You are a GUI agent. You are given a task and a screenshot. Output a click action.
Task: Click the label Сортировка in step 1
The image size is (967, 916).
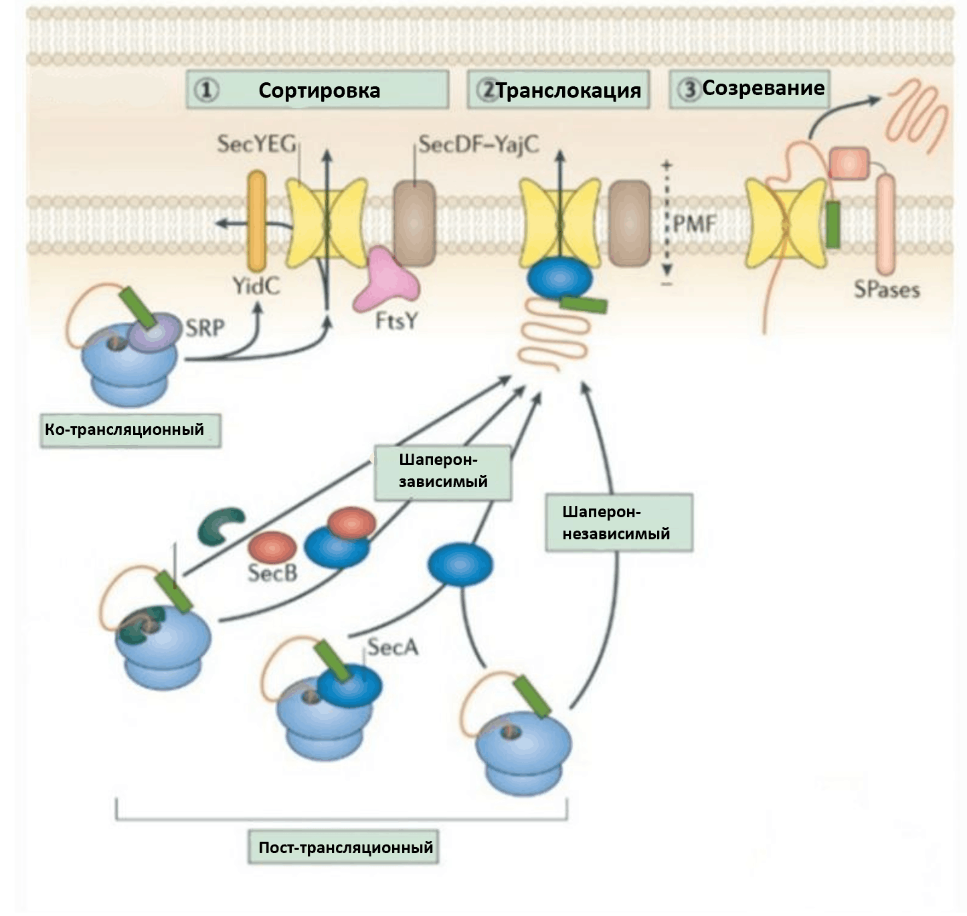pos(319,90)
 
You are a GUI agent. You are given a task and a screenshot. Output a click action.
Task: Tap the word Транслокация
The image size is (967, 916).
pos(568,90)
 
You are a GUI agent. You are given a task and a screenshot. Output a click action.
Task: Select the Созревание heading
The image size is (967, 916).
pos(763,88)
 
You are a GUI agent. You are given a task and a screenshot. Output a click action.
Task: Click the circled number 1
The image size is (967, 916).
pos(206,90)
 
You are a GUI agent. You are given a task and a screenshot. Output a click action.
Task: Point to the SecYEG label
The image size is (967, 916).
pos(256,144)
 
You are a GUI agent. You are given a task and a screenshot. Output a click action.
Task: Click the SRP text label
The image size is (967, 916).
pos(205,328)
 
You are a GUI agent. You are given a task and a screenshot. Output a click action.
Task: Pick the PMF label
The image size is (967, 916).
pos(695,223)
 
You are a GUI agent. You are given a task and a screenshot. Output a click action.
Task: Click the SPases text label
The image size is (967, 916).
pos(887,290)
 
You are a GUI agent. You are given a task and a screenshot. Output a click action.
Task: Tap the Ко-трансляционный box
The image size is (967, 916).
pos(125,429)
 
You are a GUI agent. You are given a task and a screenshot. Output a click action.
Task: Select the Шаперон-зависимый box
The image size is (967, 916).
pos(442,471)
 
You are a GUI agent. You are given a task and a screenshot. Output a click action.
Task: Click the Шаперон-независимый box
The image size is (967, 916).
pos(617,523)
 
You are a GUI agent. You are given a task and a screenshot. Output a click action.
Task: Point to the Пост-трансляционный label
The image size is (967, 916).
pos(345,848)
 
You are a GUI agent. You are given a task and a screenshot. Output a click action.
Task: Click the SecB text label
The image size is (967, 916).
pos(272,573)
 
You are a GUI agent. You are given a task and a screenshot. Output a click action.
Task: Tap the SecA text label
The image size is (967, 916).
pos(393,647)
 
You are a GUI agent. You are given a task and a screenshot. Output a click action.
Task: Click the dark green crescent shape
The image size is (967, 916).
pos(220,525)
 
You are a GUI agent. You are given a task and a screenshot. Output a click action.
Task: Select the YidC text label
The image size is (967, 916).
pos(256,286)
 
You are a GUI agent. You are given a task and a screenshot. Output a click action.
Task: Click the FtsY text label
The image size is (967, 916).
pos(396,321)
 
